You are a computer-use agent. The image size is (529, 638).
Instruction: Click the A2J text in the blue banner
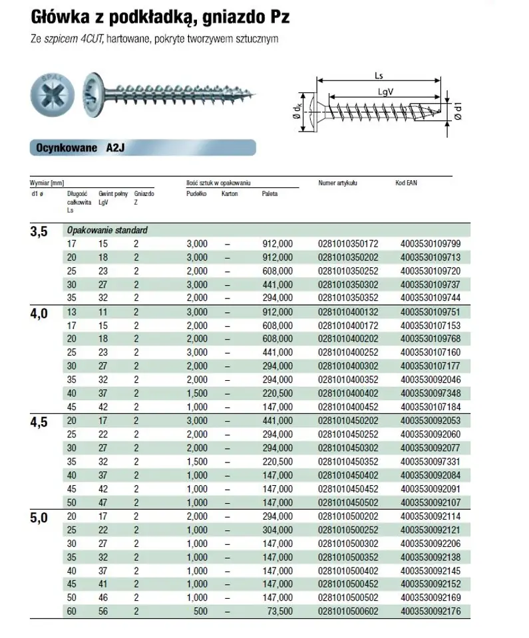116,148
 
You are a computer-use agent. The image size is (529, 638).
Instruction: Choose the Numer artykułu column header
339,182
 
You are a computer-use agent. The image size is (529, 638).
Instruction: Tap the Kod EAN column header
409,182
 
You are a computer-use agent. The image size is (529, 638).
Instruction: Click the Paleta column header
269,194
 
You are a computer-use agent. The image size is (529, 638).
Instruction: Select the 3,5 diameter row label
40,232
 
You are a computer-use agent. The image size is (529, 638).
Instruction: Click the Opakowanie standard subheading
106,230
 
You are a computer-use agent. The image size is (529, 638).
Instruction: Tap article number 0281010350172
349,244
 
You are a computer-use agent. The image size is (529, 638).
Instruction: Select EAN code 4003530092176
431,610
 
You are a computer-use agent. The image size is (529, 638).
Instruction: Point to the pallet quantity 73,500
278,610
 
